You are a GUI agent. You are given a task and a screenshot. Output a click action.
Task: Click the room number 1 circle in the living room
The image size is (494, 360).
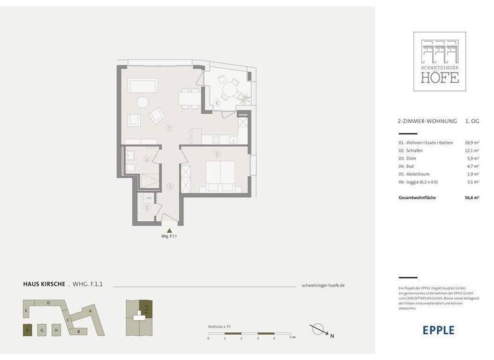coord(169,128)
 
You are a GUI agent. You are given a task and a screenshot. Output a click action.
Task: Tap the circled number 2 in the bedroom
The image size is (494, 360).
coord(217,154)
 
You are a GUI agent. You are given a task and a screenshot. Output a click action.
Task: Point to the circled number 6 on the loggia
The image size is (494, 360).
coord(217,104)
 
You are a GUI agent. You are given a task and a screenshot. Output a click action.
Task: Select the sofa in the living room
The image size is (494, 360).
coord(143,86)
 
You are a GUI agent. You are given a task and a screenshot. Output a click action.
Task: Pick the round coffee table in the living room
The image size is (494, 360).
coord(142,102)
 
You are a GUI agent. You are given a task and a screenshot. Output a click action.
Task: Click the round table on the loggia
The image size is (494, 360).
coord(229,88)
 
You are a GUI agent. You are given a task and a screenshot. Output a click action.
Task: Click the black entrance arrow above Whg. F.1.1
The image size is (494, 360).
coord(169,230)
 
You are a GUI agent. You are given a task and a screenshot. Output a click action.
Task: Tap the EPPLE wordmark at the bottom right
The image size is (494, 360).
coord(438,330)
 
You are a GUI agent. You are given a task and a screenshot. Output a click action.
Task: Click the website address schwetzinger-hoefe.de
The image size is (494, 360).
coord(323,285)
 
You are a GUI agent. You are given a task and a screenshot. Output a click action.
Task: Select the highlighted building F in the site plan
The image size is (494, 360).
coord(27,330)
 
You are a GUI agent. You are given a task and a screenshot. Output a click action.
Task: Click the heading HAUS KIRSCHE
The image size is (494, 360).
coord(44,283)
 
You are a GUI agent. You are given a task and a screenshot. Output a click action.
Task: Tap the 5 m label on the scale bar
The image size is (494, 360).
coord(292,337)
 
